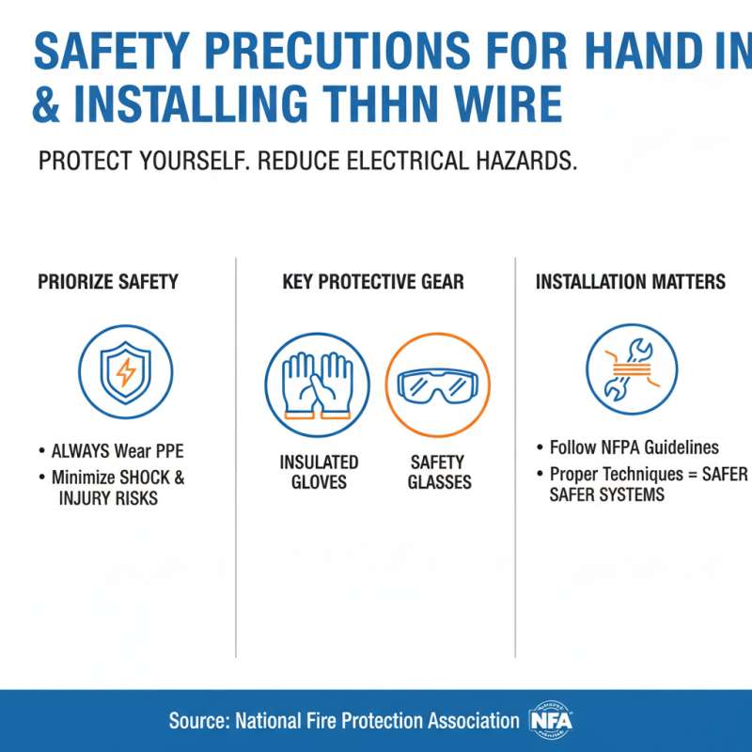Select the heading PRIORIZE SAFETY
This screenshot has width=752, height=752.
(x=108, y=281)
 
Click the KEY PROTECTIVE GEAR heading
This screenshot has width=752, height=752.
(x=373, y=281)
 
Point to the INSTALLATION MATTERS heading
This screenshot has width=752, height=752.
(x=630, y=281)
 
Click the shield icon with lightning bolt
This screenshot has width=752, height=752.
(x=124, y=371)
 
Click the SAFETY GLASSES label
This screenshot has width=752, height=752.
(x=438, y=472)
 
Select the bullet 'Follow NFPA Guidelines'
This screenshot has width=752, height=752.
(x=634, y=447)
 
